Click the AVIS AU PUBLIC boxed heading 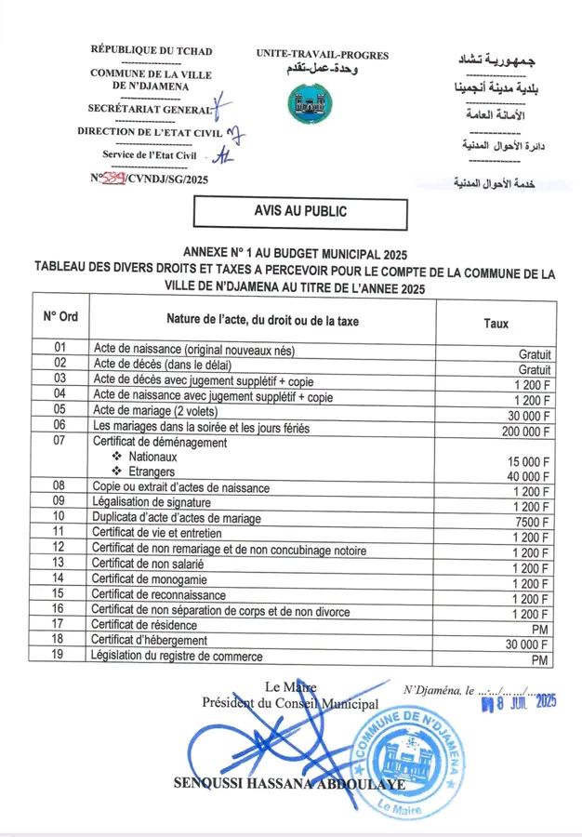pos(300,212)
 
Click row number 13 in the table pos(60,563)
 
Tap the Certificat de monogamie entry pos(149,578)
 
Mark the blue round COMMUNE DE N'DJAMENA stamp pos(406,761)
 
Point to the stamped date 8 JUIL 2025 pos(516,702)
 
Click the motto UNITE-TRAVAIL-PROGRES pos(322,55)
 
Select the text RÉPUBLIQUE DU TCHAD pos(151,48)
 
